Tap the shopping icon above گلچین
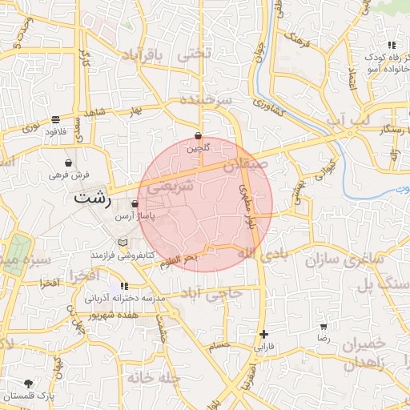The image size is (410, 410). point(198,136)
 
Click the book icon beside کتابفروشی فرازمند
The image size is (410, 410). point(123,243)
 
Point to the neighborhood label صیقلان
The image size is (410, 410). point(243,166)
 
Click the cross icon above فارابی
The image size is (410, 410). point(263,334)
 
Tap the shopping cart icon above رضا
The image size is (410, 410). point(324,327)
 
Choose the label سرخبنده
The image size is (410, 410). point(205,100)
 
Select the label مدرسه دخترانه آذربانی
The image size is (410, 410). point(124,298)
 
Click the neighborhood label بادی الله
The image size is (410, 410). point(257,253)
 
